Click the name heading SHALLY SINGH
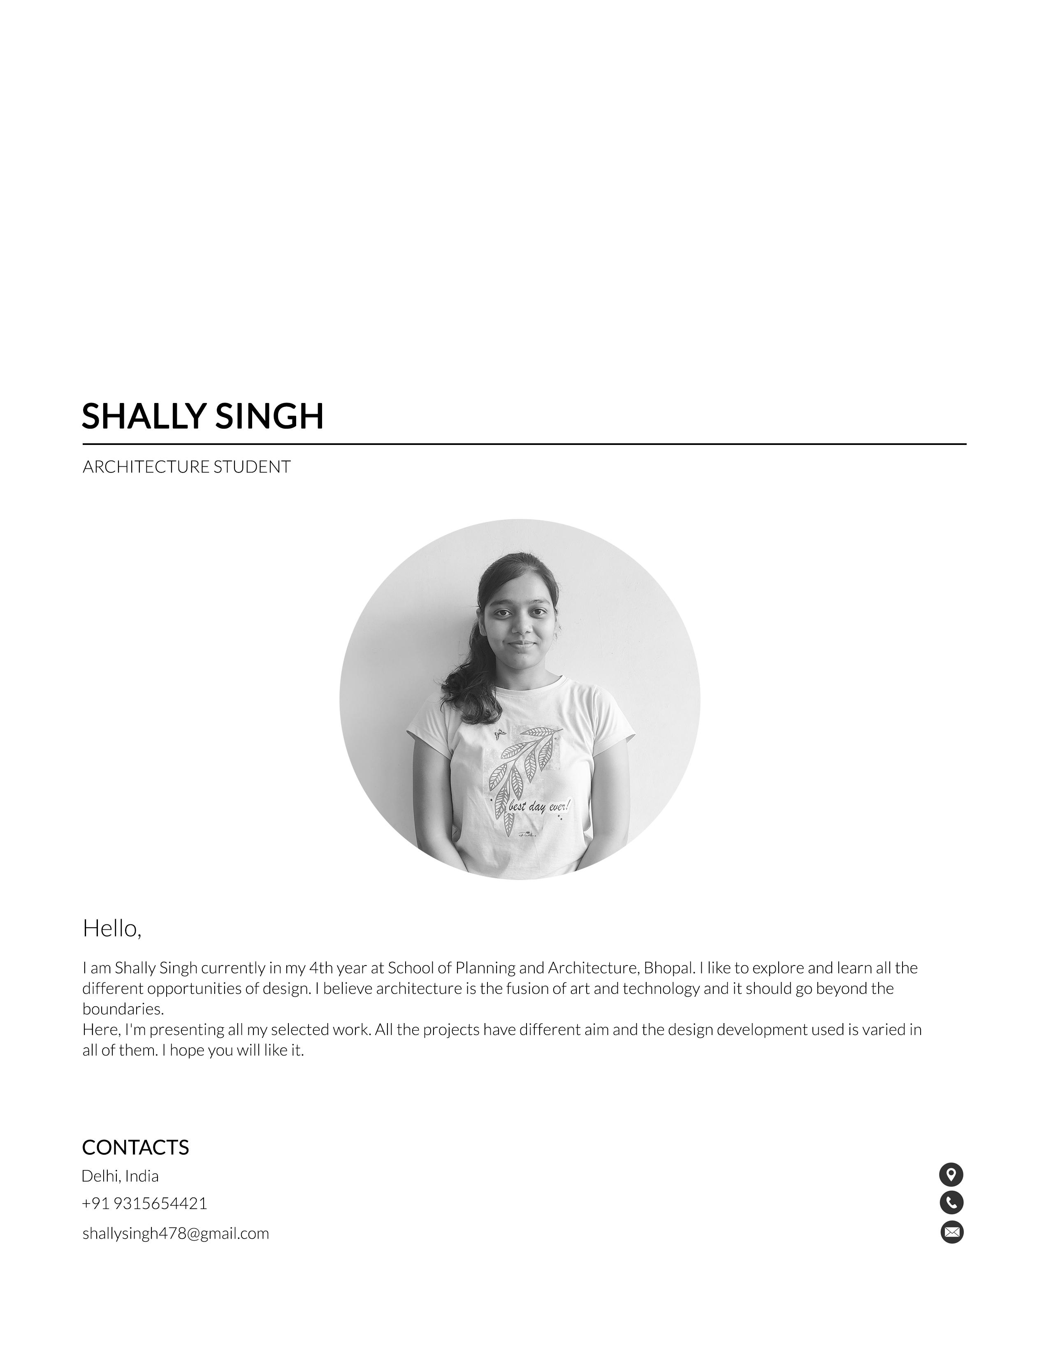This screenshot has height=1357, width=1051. coord(203,416)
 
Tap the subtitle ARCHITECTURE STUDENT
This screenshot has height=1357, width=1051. coord(186,467)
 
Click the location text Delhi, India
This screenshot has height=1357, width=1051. coord(120,1176)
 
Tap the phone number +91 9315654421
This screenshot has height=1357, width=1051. coord(144,1204)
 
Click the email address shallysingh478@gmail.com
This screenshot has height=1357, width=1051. coord(176,1233)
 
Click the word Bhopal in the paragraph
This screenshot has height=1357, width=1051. coord(669,968)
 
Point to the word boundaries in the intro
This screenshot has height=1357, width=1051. coord(123,1009)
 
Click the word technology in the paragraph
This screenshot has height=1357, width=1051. coord(661,989)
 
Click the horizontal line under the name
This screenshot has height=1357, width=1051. coord(524,444)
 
